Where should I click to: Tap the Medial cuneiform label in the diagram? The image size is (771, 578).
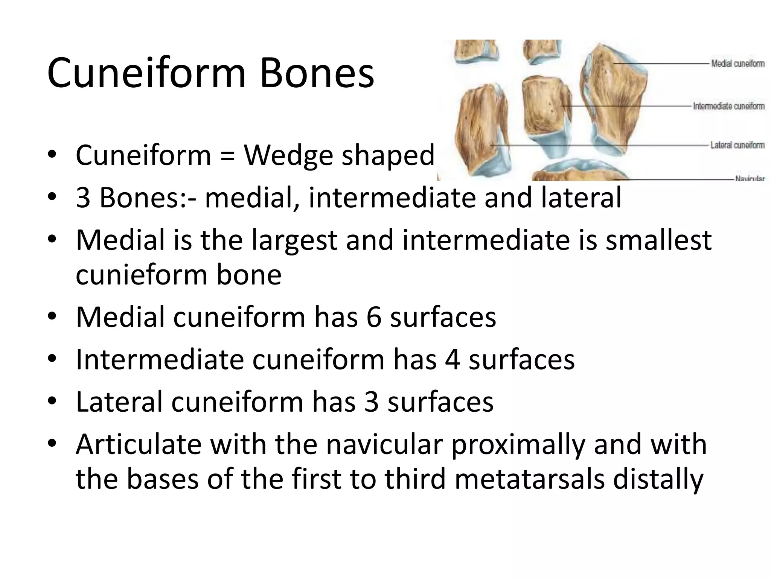(737, 64)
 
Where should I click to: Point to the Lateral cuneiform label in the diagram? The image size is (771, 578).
(737, 145)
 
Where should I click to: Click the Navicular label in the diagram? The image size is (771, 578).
(750, 178)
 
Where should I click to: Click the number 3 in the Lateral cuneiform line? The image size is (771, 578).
(372, 402)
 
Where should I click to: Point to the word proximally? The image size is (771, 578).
(518, 444)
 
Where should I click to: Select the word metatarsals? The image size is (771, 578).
(529, 479)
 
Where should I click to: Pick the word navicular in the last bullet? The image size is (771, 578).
(384, 444)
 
